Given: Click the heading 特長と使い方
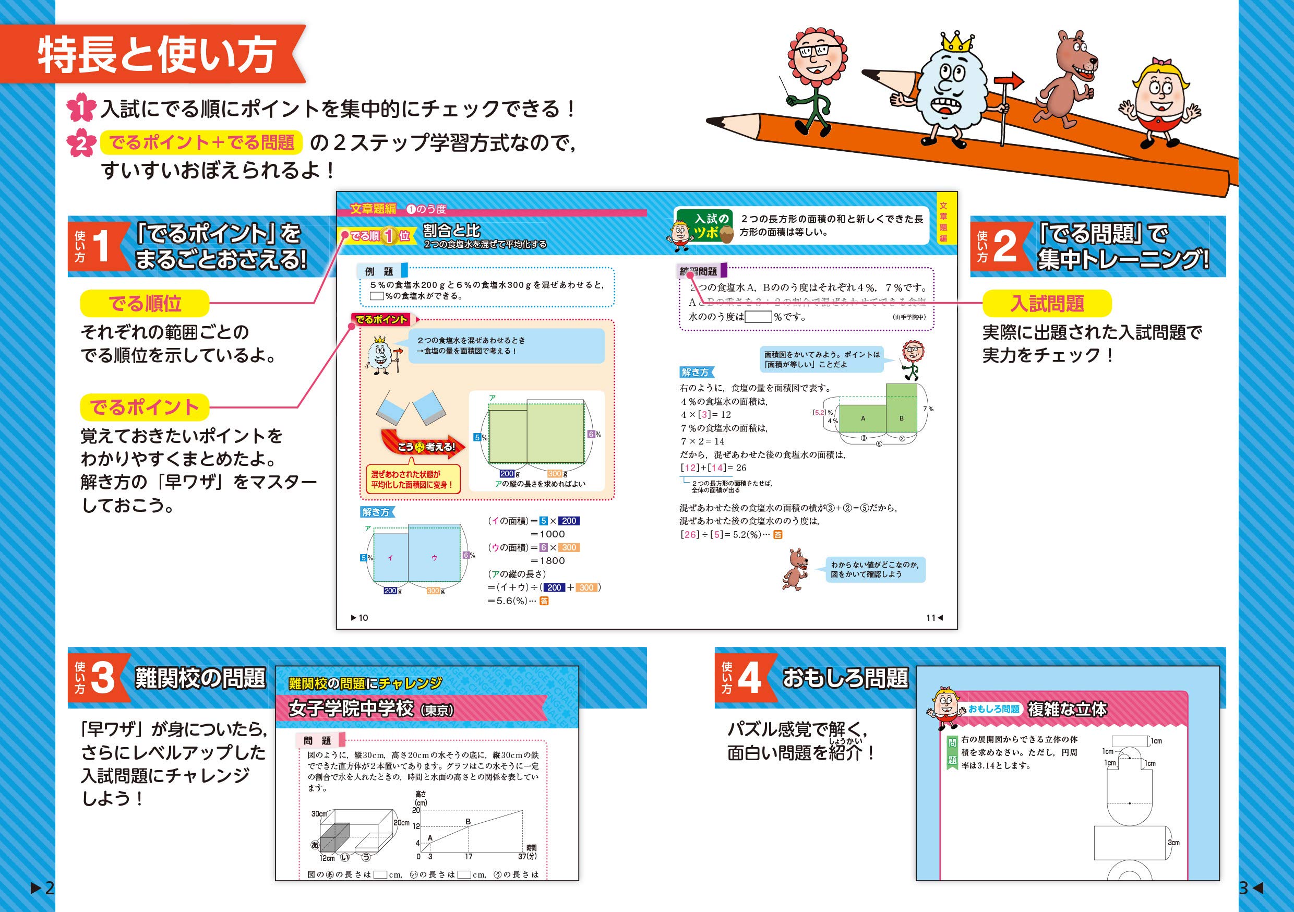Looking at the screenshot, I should [157, 55].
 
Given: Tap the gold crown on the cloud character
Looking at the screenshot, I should [957, 42].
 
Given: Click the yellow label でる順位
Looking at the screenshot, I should [145, 304].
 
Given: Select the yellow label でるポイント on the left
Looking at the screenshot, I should [145, 407].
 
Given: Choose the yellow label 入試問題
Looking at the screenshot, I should [1047, 304].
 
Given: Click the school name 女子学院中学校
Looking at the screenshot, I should [351, 709].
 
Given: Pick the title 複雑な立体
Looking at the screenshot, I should [1067, 709].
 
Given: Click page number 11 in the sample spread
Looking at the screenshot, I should [930, 618].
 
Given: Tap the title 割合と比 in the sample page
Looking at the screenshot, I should [451, 231].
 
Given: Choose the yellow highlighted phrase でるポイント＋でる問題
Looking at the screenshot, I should [201, 142].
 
